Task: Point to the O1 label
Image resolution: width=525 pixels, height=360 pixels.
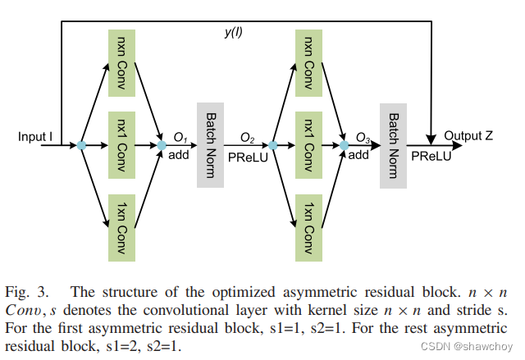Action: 180,136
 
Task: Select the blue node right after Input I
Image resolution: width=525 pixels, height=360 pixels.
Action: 81,146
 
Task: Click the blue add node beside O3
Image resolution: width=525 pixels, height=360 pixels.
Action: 344,146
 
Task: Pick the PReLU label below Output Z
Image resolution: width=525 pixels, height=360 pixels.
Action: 431,155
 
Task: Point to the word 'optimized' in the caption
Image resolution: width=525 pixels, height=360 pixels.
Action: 210,292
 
